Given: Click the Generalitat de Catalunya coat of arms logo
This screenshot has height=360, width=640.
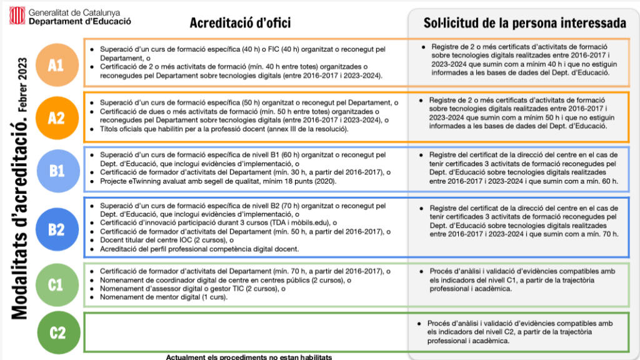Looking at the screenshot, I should [17, 15].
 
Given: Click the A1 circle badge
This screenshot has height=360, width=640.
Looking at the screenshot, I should [56, 64].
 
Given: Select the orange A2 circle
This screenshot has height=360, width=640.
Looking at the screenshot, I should [56, 117].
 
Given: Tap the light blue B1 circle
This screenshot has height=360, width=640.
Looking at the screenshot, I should [56, 170].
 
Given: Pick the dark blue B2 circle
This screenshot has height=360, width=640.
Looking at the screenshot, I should [56, 229].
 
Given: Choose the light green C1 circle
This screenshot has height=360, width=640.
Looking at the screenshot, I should [56, 284].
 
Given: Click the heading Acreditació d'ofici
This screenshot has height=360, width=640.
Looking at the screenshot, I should [241, 23].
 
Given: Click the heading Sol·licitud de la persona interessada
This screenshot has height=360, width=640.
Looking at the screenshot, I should [524, 23].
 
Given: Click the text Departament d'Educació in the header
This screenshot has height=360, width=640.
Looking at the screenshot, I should [80, 21].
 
